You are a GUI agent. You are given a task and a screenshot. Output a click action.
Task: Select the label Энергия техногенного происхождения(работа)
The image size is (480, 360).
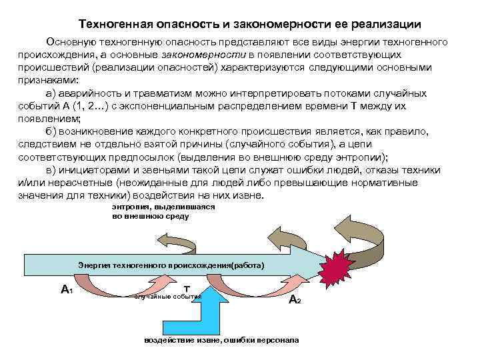click(171, 265)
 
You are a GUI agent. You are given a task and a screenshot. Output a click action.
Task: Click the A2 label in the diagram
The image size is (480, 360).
click(294, 300)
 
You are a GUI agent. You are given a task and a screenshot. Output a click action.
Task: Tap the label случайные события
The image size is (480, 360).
click(167, 296)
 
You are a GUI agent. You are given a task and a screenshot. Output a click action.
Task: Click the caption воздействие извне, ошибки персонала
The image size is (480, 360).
click(221, 341)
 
